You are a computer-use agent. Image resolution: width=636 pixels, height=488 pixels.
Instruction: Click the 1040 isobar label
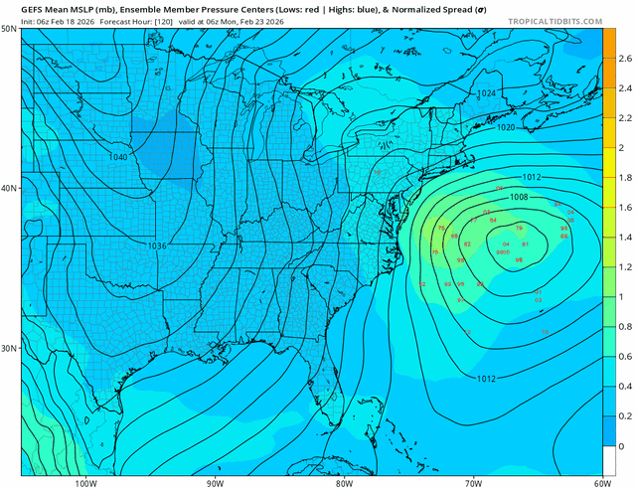click(x=118, y=157)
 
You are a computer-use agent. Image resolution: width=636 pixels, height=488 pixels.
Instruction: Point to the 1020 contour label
click(x=506, y=127)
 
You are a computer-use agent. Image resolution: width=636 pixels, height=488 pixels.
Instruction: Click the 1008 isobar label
click(x=520, y=197)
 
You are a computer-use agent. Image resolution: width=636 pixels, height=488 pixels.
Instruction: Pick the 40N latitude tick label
click(x=9, y=189)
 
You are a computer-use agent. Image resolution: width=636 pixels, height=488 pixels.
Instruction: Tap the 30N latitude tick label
click(x=9, y=348)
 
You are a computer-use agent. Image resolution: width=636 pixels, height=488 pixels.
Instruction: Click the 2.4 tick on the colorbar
click(x=623, y=88)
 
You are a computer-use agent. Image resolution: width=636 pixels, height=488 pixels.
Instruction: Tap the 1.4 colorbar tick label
click(x=623, y=238)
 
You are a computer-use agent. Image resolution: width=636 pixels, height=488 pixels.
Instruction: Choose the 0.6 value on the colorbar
click(x=623, y=356)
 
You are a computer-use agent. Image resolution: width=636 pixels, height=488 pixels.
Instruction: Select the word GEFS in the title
click(x=37, y=7)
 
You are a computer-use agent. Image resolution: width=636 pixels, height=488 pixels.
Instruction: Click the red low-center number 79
click(x=519, y=228)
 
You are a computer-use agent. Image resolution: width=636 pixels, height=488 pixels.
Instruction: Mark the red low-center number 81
click(x=524, y=244)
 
